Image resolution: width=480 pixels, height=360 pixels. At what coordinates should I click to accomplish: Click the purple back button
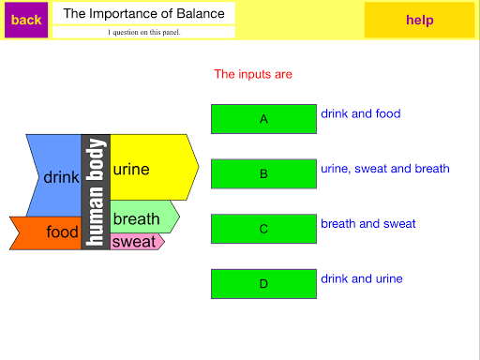(26, 20)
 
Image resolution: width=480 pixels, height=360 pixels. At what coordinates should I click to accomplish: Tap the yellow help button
(419, 20)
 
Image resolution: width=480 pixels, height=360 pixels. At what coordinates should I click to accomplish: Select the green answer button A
(263, 119)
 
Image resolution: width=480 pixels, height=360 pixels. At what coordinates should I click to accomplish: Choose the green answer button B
(263, 173)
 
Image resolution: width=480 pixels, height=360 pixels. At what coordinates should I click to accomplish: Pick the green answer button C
(263, 229)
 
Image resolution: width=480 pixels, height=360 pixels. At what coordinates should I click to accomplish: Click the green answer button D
(263, 284)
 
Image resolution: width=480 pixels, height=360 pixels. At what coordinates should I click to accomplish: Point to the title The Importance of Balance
(144, 13)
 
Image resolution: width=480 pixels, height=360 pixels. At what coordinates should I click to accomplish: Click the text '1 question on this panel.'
(144, 32)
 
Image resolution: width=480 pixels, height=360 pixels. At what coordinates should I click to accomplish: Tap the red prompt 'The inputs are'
(253, 74)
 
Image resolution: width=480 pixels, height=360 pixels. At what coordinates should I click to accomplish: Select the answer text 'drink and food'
(361, 113)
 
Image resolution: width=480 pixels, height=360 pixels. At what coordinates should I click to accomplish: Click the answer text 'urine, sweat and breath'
(385, 169)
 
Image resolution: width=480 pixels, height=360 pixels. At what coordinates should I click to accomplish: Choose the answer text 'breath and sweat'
(368, 224)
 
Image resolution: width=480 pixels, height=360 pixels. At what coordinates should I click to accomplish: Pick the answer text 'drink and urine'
(362, 278)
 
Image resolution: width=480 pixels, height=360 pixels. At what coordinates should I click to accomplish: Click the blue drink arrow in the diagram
(56, 175)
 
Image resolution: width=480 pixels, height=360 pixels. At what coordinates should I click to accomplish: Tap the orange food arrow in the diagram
(47, 233)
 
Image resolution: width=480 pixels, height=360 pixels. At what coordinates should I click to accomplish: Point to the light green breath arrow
(143, 217)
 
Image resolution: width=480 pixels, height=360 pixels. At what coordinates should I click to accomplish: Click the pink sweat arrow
(136, 242)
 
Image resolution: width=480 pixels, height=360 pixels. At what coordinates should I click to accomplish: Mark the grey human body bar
(96, 192)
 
